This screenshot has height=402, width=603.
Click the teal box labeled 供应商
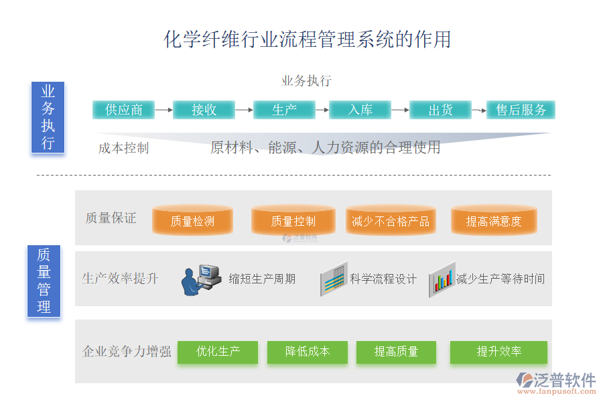tap(123, 110)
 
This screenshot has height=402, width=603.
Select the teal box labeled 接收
tap(204, 110)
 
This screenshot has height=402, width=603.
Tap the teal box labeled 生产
tap(284, 110)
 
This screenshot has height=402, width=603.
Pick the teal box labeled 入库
tap(360, 110)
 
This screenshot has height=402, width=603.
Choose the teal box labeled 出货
tap(440, 110)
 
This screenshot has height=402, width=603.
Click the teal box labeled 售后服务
tap(521, 110)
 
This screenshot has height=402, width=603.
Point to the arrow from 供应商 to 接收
tap(163, 110)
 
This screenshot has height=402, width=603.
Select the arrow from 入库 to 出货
tap(400, 110)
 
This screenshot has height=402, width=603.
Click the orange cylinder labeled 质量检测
tap(193, 220)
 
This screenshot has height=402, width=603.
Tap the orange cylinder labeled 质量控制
tap(293, 220)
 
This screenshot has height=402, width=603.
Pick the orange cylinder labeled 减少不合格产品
tap(391, 220)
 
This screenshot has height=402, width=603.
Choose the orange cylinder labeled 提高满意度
tap(494, 220)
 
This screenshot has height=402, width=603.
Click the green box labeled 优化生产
tap(218, 352)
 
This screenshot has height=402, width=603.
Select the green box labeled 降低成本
tap(308, 352)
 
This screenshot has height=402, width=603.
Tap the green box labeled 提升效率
tap(498, 352)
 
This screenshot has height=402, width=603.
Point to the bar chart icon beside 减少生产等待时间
tap(442, 277)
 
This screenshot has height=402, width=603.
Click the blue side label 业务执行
tap(48, 117)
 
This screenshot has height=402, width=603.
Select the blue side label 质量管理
tap(44, 281)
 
